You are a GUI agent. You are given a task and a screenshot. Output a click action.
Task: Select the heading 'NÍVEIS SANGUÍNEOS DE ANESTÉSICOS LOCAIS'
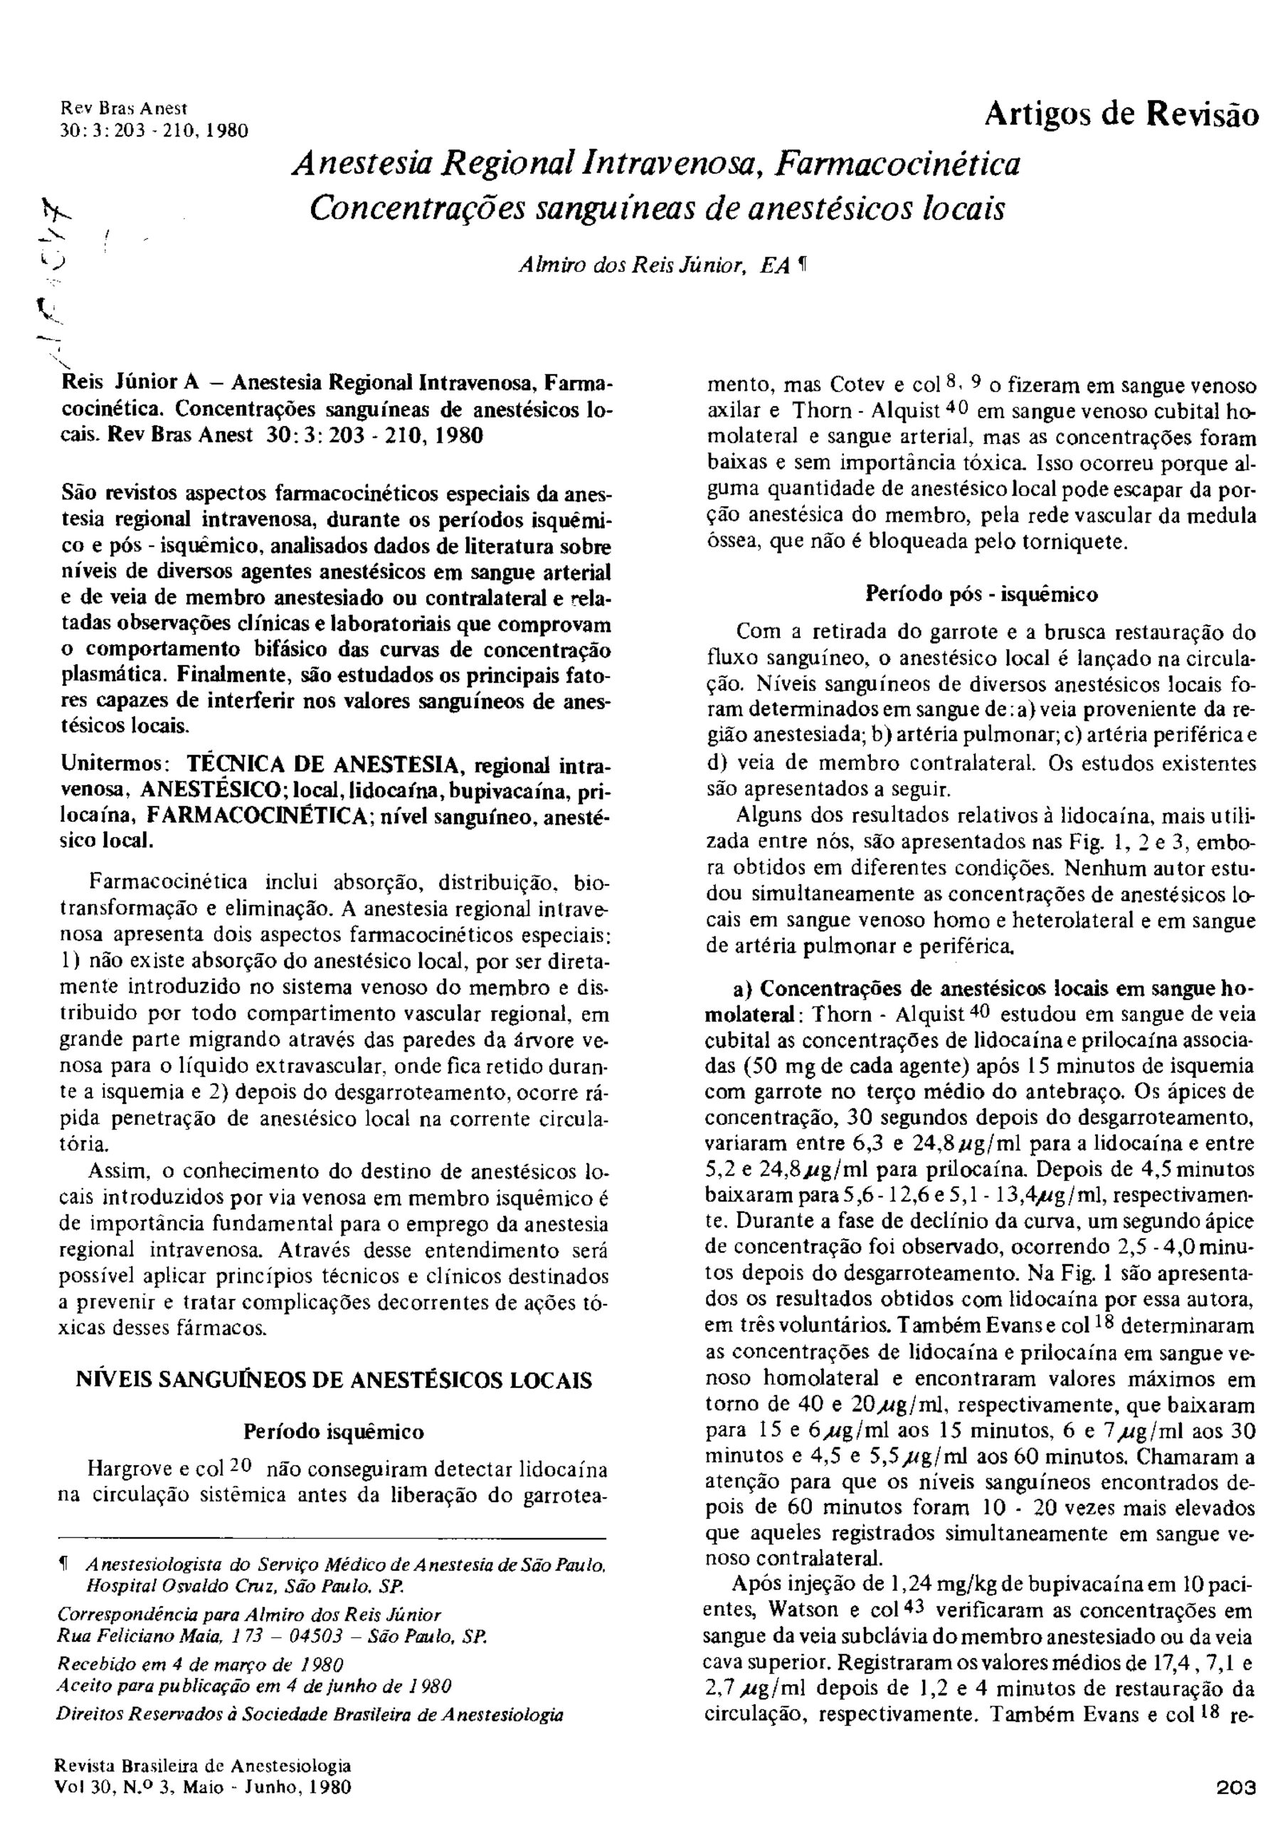coord(334,1379)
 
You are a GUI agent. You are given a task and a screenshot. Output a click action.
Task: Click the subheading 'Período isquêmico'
coord(333,1432)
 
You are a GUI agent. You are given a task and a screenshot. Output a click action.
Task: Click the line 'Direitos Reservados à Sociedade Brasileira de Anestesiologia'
coord(310,1715)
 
